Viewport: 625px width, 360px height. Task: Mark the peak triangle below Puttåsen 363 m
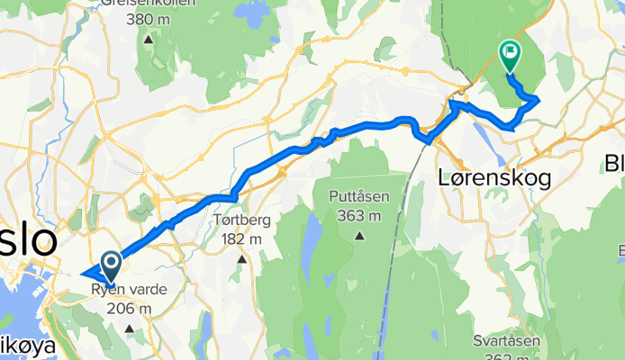[x=359, y=237]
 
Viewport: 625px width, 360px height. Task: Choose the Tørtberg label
[x=240, y=220]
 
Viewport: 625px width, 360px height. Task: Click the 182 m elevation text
[x=240, y=238]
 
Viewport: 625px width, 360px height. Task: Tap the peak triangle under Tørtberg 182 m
[x=241, y=259]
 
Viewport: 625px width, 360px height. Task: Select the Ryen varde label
[x=124, y=290]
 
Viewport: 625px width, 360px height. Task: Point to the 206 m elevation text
[x=125, y=309]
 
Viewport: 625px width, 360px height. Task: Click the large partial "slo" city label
[x=27, y=240]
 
